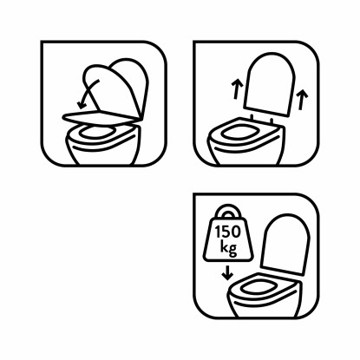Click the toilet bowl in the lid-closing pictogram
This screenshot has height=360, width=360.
(104, 153)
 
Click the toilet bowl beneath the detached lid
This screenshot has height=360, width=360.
(252, 153)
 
